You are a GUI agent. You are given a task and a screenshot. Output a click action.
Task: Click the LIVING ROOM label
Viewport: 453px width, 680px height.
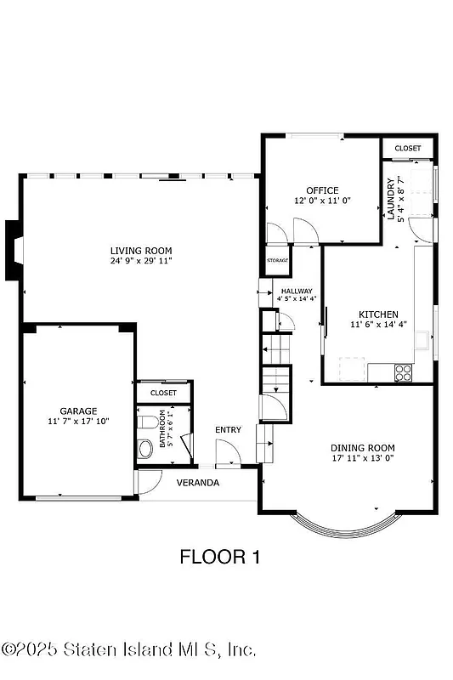141,251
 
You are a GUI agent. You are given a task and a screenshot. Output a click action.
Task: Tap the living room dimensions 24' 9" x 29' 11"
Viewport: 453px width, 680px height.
141,261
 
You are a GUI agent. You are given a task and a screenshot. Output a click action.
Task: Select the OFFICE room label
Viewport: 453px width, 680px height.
322,190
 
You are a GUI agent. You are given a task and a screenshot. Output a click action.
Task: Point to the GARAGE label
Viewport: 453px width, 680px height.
77,411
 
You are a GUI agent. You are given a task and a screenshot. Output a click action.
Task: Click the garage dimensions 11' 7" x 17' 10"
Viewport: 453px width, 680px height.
77,421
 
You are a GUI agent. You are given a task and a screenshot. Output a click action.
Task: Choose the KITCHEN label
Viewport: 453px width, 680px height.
372,314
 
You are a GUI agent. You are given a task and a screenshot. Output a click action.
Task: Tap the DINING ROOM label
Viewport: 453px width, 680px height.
363,448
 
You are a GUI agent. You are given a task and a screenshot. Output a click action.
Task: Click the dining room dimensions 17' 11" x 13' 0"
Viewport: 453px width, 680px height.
363,458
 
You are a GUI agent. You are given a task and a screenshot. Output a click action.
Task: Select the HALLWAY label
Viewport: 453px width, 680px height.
297,291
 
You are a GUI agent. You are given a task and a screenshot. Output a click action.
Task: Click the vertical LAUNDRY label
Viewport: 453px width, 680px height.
392,198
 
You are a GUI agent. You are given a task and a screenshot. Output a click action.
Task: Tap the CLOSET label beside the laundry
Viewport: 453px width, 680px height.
407,149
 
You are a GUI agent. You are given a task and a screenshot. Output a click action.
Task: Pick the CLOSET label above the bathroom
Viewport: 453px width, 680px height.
163,393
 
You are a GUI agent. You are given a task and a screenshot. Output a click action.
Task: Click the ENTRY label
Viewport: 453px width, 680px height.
228,430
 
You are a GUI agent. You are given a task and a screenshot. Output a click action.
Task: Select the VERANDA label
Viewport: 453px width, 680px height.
198,483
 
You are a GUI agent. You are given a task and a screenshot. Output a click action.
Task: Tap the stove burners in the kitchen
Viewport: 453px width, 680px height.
403,371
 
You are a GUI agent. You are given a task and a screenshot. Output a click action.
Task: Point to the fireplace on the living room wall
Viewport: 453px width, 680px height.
14,249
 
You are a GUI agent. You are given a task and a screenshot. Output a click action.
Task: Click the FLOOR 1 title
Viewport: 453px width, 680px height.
219,557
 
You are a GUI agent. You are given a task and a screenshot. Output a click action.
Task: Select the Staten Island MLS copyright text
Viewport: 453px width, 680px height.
129,649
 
